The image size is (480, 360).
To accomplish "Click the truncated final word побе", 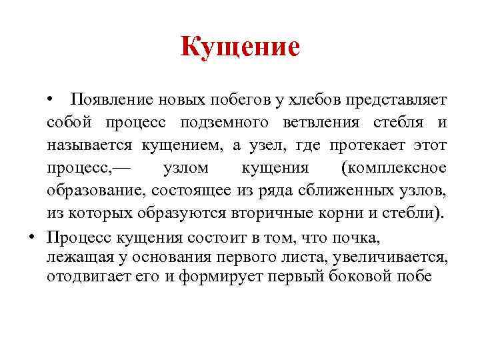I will click(x=414, y=277).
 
